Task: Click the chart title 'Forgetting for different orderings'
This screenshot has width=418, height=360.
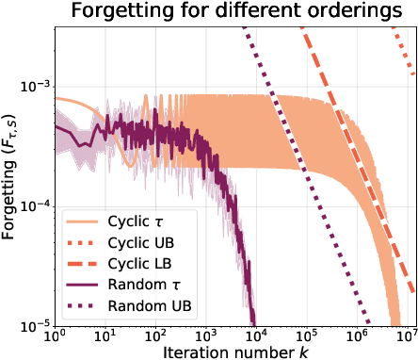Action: tap(235, 12)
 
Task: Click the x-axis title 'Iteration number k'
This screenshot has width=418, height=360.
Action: tap(235, 351)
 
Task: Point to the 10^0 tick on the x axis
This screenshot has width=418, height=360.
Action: tap(55, 335)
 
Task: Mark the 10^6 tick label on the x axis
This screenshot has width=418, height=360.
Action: tap(360, 335)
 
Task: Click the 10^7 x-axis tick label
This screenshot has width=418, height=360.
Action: tap(407, 335)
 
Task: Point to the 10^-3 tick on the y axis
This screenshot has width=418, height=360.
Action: tap(35, 87)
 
